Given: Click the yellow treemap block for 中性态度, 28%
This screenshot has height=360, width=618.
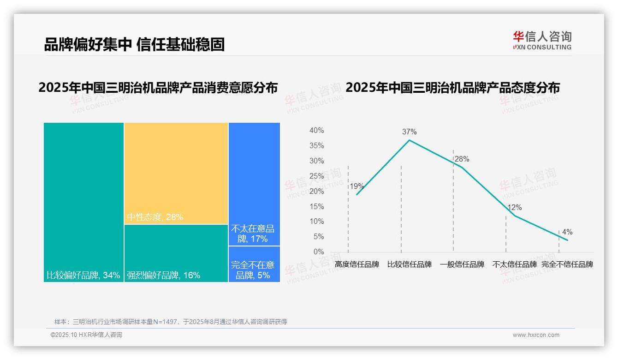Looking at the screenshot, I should point(176,173).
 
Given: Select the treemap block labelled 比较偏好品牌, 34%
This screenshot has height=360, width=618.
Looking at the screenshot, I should point(83,202).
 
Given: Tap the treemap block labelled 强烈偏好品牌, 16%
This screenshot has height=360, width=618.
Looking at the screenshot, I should point(176,253).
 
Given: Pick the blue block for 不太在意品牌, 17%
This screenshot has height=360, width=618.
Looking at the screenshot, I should point(254,184).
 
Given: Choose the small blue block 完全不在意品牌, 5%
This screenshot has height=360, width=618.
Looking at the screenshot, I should point(254,264).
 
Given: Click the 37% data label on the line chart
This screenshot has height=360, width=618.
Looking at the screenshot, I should point(409,132).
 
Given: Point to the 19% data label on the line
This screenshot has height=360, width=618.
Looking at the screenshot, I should point(357,186).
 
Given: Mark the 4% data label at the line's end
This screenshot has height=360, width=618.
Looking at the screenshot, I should point(567,232).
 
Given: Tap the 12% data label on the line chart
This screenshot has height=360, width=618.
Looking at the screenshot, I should point(514,208).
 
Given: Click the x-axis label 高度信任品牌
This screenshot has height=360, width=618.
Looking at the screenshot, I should point(357,264).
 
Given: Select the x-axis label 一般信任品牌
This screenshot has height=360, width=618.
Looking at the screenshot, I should point(462,264).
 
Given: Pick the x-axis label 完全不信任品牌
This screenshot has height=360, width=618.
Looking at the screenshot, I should point(567,264).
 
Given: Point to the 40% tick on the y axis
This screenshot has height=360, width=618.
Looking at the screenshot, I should point(316,131).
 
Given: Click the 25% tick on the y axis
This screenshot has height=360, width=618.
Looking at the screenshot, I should point(316,176).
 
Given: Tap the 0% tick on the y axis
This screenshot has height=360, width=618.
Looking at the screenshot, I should point(319,252).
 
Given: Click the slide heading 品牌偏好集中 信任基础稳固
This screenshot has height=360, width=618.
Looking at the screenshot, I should point(134,44).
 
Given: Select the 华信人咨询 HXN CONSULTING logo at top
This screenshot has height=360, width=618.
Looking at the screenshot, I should point(542,40).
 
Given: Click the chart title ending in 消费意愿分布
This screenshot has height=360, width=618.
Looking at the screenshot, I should point(158,88).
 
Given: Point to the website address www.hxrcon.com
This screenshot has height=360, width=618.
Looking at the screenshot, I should point(536,335).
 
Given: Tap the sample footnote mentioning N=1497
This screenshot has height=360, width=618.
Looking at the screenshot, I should point(171,322).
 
